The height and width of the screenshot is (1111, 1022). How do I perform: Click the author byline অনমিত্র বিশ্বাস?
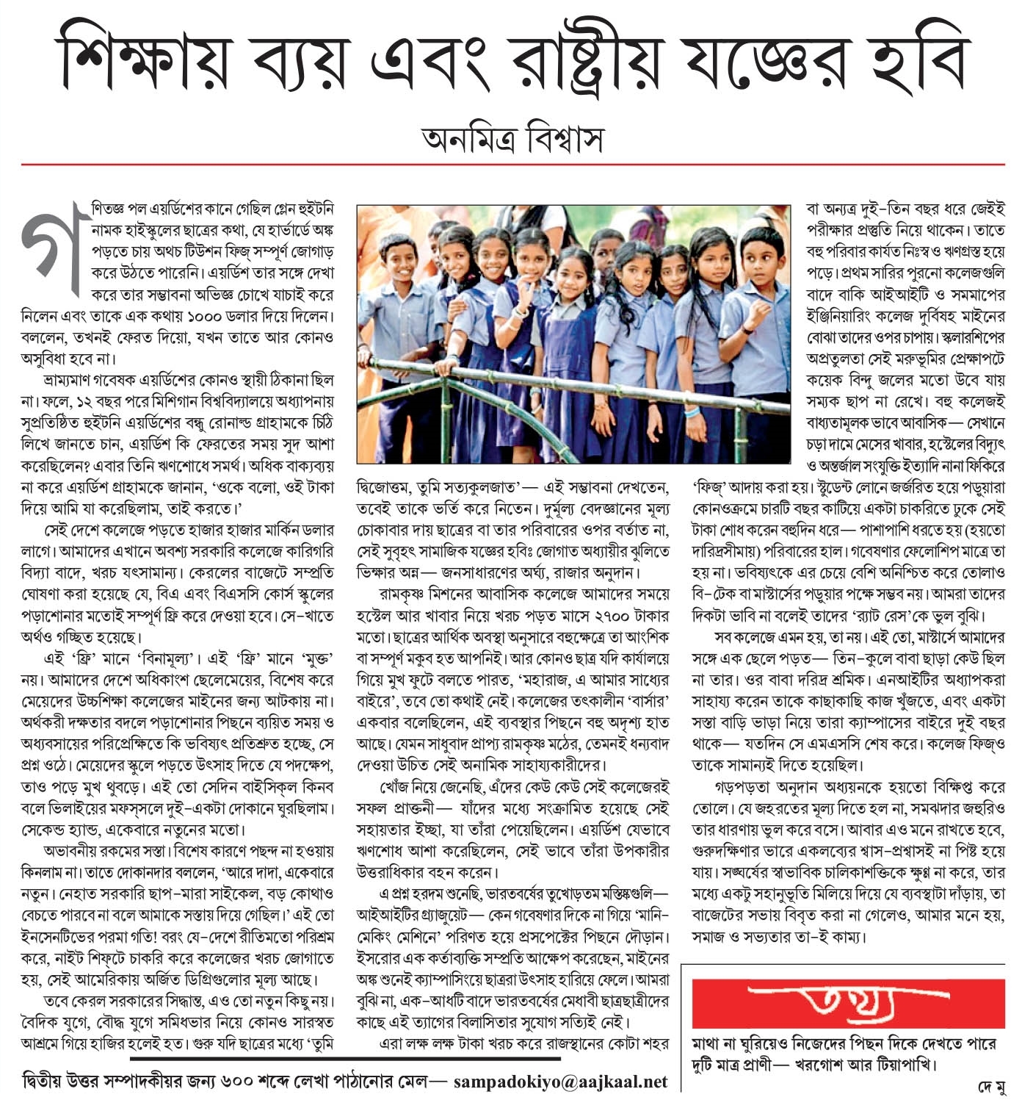512,138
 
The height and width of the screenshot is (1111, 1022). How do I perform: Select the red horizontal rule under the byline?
512,165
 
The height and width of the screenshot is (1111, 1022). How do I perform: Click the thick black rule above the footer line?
345,1059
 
